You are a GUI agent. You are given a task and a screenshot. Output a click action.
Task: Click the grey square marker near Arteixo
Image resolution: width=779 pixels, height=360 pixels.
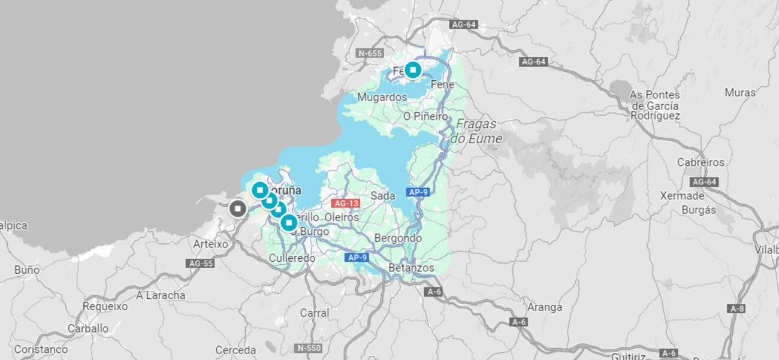click(238, 208)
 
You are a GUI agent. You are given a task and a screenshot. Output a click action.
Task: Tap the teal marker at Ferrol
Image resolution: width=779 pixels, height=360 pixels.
click(413, 69)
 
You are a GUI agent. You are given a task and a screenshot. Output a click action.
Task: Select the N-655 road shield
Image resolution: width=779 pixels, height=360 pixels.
click(370, 53)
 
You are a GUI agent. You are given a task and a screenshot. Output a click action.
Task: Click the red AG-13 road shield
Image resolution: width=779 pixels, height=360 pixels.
click(346, 203)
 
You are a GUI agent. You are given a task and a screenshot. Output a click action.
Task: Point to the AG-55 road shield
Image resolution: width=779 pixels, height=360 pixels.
click(201, 263)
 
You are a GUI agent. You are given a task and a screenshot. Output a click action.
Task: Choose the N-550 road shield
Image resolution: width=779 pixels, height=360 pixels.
click(309, 347)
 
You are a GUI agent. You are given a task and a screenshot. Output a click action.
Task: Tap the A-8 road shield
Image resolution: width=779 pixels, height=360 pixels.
click(736, 308)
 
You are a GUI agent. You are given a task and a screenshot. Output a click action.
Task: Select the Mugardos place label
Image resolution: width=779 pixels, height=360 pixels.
click(382, 97)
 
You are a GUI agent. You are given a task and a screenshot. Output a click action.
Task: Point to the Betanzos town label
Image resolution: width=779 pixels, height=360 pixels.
click(411, 268)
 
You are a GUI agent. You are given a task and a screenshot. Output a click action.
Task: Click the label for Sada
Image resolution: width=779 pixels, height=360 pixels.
click(383, 196)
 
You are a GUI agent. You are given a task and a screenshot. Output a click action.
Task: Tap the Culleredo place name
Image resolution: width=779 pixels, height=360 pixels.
click(292, 258)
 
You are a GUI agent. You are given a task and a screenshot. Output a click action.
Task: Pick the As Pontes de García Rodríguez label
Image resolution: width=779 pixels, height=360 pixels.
click(654, 105)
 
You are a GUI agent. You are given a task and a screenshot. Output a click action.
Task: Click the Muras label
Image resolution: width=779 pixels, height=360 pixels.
click(740, 92)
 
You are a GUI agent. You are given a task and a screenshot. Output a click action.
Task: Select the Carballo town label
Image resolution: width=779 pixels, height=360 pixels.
click(88, 328)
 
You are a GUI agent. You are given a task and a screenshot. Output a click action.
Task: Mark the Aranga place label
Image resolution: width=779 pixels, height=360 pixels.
click(545, 307)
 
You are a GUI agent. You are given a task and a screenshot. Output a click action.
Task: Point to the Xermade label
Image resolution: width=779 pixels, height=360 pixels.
click(682, 196)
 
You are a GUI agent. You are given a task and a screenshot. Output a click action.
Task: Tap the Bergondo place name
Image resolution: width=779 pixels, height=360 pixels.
click(398, 238)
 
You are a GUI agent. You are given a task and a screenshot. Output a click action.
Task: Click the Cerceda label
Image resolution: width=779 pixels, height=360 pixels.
click(235, 350)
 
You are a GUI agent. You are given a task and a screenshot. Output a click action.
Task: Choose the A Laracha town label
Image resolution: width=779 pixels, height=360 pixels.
click(161, 295)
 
